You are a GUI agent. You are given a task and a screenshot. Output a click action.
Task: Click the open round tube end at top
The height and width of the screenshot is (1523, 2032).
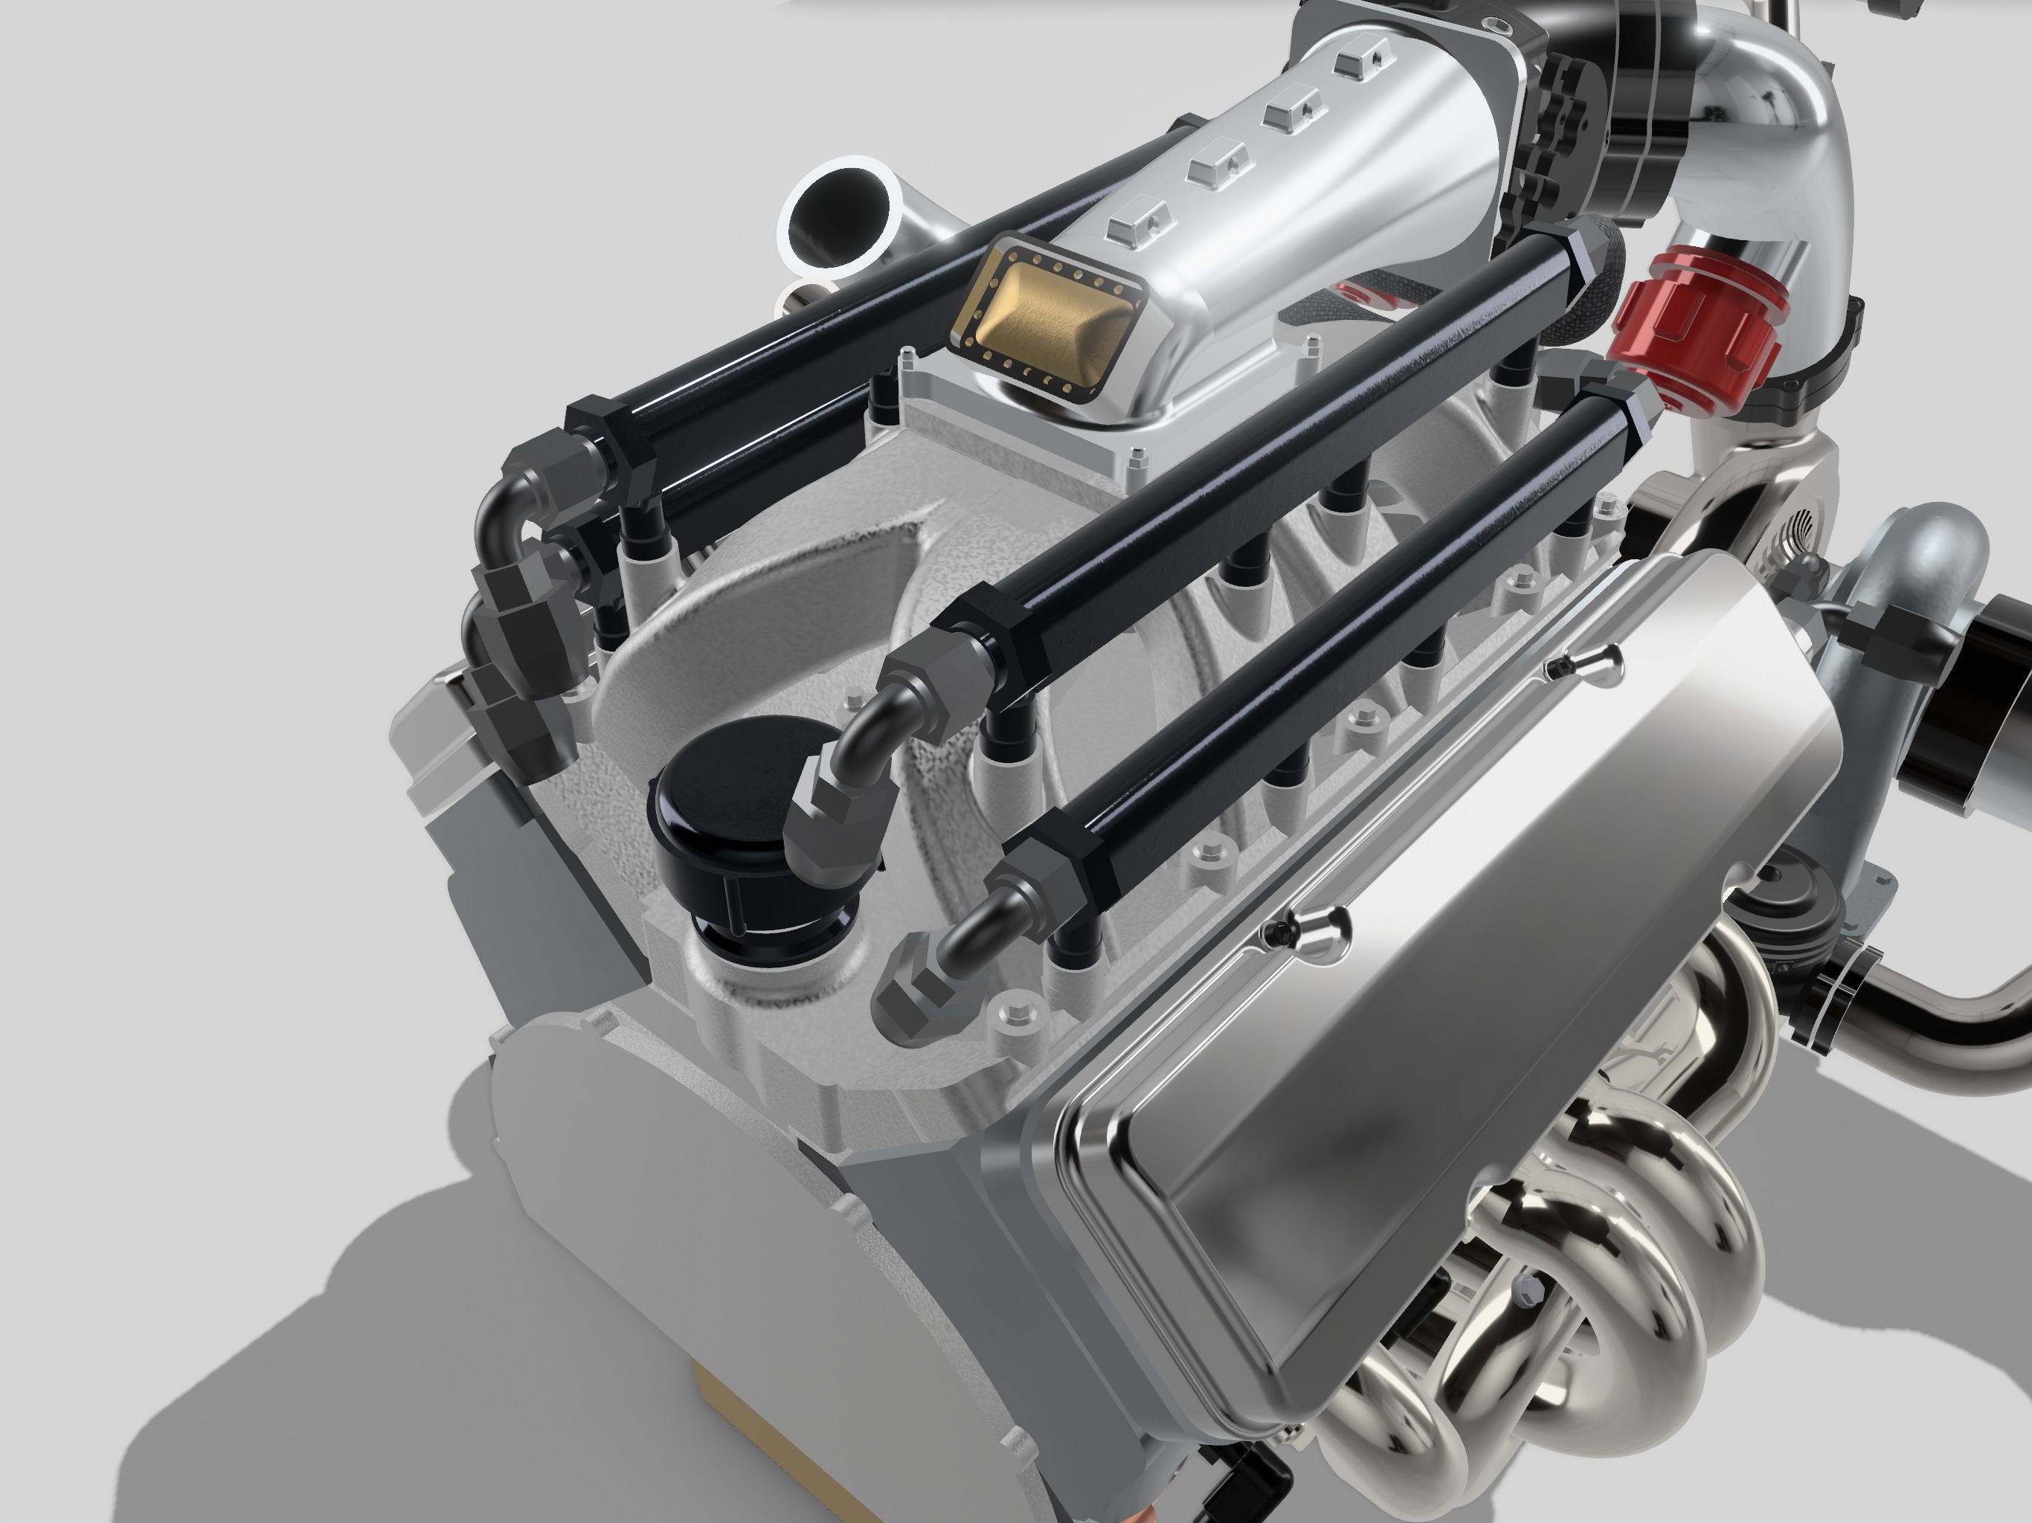840,216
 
